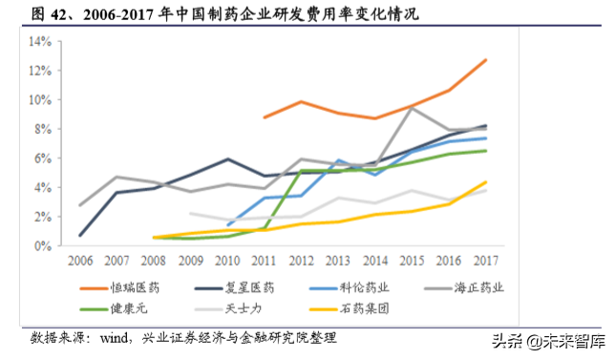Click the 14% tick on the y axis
[39, 42]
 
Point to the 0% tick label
[42, 245]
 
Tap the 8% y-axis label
[42, 129]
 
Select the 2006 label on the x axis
[79, 260]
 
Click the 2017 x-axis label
[485, 260]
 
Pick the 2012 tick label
[301, 260]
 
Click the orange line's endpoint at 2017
[486, 59]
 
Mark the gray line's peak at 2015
[412, 108]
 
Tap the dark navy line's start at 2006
[79, 235]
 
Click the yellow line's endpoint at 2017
[486, 182]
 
